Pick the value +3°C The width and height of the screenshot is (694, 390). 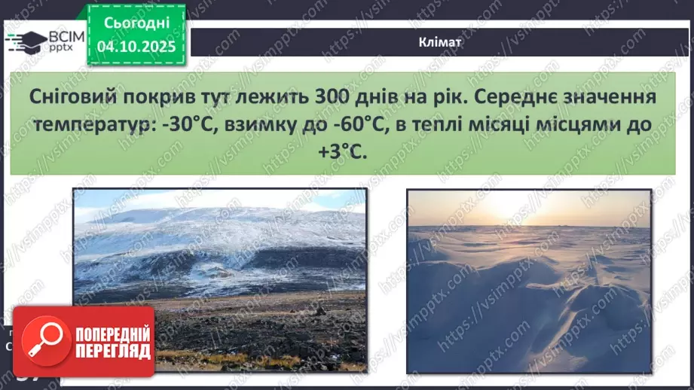341,151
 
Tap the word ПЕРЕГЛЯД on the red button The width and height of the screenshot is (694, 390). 113,350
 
